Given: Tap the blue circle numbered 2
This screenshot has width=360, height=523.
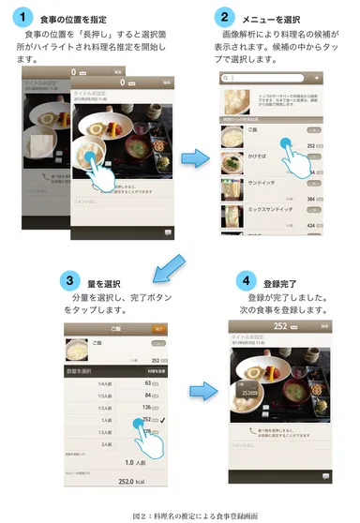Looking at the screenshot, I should (x=223, y=17).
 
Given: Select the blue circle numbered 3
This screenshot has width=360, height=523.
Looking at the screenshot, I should (x=69, y=280).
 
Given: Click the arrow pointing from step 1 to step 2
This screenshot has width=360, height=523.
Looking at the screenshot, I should (x=194, y=160).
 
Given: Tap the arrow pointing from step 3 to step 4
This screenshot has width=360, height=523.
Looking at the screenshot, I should (x=202, y=391).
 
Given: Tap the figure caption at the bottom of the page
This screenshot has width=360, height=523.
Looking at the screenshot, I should (x=179, y=514).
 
